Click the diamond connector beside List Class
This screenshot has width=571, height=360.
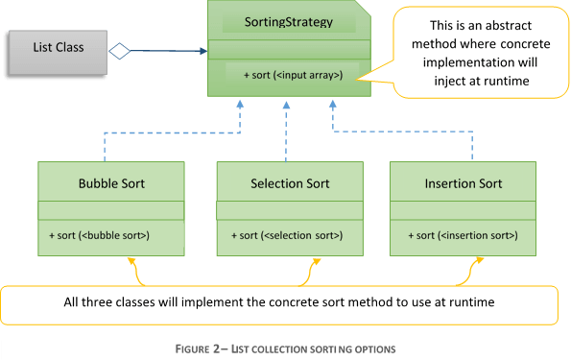(x=119, y=50)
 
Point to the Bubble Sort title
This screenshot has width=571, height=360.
(x=111, y=182)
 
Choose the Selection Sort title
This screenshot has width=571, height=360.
(x=290, y=182)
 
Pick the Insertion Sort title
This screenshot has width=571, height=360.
(x=463, y=182)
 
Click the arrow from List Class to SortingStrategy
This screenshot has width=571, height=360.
(x=168, y=50)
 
